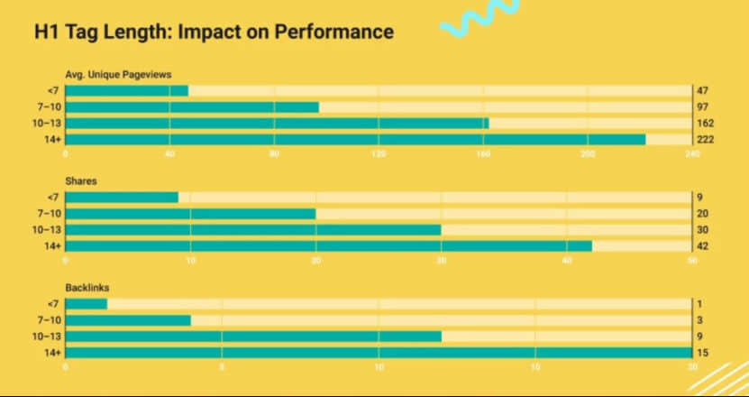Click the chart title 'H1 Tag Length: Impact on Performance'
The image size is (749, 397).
click(214, 32)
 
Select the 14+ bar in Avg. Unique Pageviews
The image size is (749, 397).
click(356, 139)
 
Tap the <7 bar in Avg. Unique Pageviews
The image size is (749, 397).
click(127, 90)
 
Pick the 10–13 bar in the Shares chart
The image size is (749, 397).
click(253, 229)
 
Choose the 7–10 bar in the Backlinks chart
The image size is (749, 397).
click(128, 319)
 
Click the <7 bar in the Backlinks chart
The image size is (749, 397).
click(87, 303)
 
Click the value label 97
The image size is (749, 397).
click(701, 106)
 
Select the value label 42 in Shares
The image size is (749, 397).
click(701, 245)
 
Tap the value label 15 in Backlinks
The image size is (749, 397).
click(701, 352)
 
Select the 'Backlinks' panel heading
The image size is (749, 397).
click(87, 288)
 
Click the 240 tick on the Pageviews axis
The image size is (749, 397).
click(691, 154)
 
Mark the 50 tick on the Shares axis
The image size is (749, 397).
click(691, 261)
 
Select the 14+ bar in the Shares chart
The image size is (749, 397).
click(329, 245)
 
